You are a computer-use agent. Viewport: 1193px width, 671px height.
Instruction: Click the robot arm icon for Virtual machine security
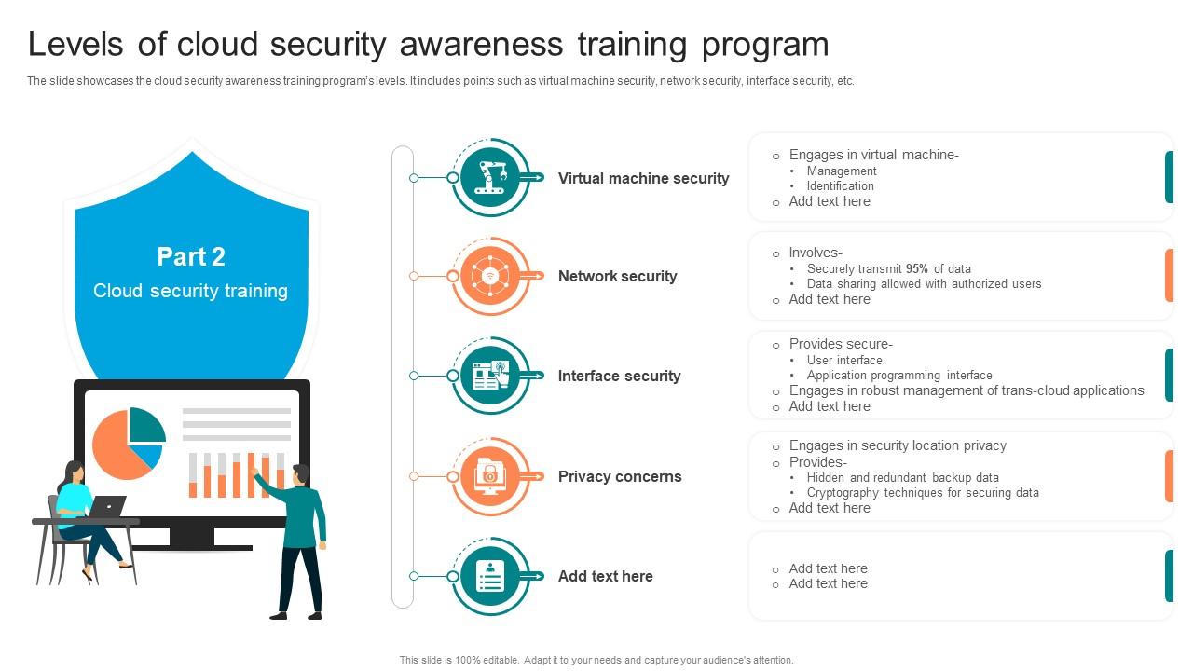point(490,177)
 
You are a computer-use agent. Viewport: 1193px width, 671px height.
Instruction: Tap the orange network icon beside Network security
point(490,276)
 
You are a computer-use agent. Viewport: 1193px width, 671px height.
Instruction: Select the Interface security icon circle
point(490,376)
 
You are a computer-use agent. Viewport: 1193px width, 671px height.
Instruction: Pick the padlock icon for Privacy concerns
point(490,475)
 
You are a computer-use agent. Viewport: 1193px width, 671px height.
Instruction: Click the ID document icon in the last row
point(490,576)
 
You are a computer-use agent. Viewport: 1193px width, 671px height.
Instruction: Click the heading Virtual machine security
point(643,178)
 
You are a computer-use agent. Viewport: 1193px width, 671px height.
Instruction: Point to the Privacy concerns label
point(620,476)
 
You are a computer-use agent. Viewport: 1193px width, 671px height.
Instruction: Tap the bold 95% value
point(916,269)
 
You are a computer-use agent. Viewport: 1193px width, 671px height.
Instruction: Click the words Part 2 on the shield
point(191,256)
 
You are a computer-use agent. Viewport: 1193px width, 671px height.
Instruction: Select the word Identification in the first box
point(840,185)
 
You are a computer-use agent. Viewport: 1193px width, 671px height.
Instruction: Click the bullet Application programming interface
point(899,376)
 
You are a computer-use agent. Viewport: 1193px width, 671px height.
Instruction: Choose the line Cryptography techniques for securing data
point(923,493)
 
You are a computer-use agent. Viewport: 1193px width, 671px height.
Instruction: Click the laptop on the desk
point(107,506)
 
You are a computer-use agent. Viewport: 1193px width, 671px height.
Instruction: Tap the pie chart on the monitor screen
point(129,443)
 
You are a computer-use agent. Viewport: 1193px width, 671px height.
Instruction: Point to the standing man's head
point(301,475)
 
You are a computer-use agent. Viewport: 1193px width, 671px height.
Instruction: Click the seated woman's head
point(75,472)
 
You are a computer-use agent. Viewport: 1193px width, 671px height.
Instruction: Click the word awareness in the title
point(481,44)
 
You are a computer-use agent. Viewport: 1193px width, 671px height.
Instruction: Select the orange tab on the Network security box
point(1169,275)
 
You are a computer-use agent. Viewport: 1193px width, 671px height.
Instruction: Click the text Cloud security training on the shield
point(191,291)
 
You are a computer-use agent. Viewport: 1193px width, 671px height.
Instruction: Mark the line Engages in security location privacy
point(898,445)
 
